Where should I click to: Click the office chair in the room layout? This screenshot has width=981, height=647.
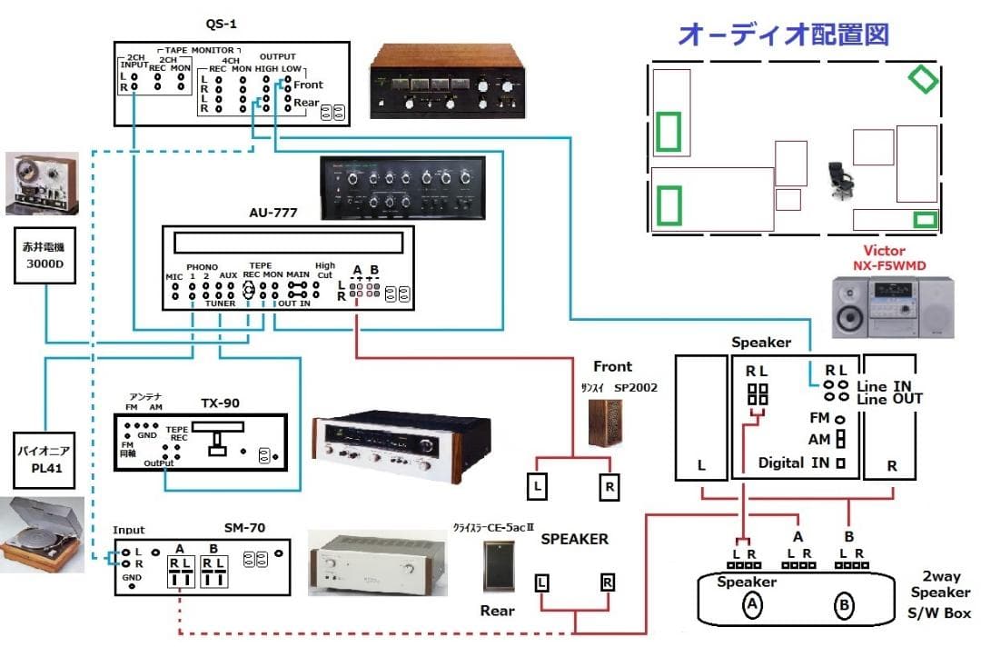841,180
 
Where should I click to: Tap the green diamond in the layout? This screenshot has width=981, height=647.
923,79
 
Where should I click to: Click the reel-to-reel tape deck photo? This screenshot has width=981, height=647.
40,183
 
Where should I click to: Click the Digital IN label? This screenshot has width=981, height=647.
796,463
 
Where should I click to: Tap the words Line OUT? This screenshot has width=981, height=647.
891,398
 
